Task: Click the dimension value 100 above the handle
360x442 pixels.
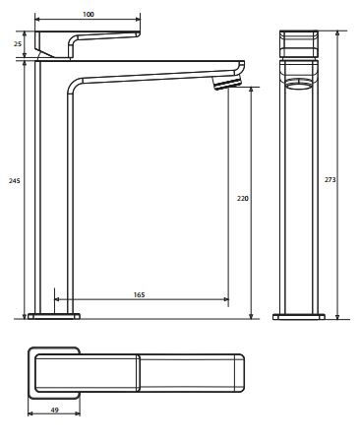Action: pyautogui.click(x=89, y=14)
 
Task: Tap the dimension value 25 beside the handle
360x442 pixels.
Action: pyautogui.click(x=18, y=43)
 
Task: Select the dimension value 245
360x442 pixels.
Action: pyautogui.click(x=15, y=180)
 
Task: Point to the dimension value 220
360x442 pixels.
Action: pyautogui.click(x=243, y=198)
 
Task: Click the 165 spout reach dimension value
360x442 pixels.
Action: pyautogui.click(x=139, y=294)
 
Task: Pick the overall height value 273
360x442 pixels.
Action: pyautogui.click(x=330, y=179)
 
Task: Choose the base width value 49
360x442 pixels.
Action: pyautogui.click(x=55, y=410)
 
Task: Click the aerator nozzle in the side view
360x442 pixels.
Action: pyautogui.click(x=226, y=83)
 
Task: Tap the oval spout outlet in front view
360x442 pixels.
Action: pyautogui.click(x=298, y=84)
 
